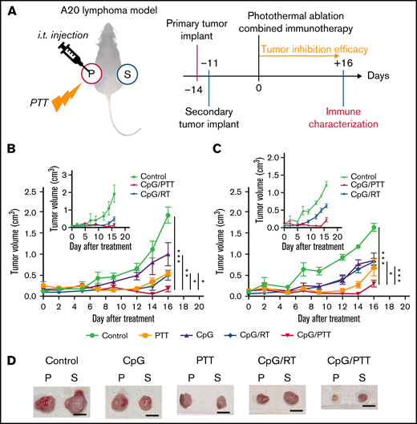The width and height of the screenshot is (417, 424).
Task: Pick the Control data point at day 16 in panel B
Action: pyautogui.click(x=168, y=214)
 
